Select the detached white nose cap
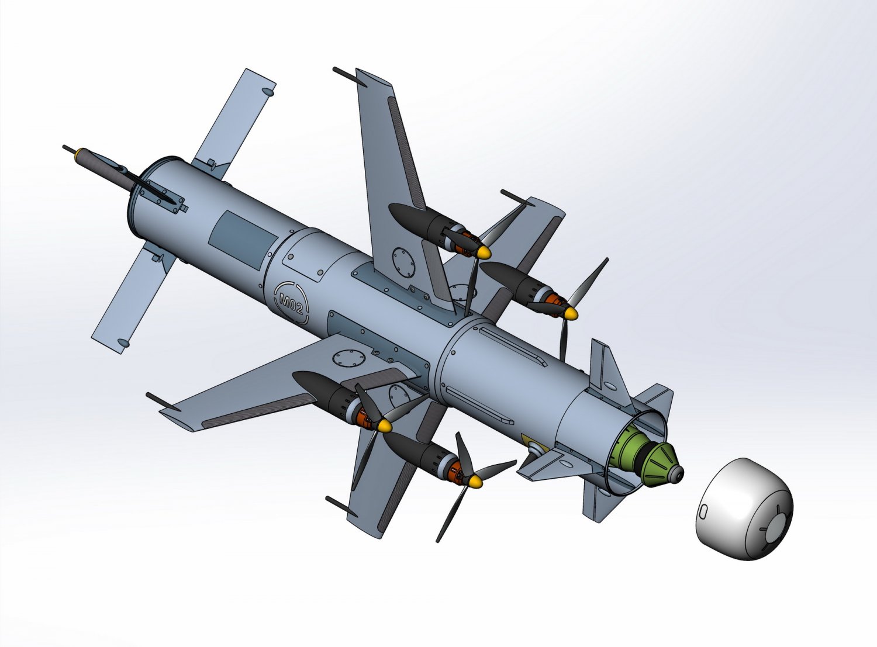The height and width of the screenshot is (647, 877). pyautogui.click(x=744, y=509)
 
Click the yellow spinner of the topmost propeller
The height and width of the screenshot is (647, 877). pyautogui.click(x=484, y=252)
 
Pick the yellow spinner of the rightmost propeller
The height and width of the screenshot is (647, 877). pyautogui.click(x=570, y=313)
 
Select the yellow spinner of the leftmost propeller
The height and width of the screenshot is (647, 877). pyautogui.click(x=384, y=425)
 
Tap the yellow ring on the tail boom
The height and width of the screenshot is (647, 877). pyautogui.click(x=80, y=153)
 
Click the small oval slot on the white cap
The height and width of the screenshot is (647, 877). pyautogui.click(x=703, y=511)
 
